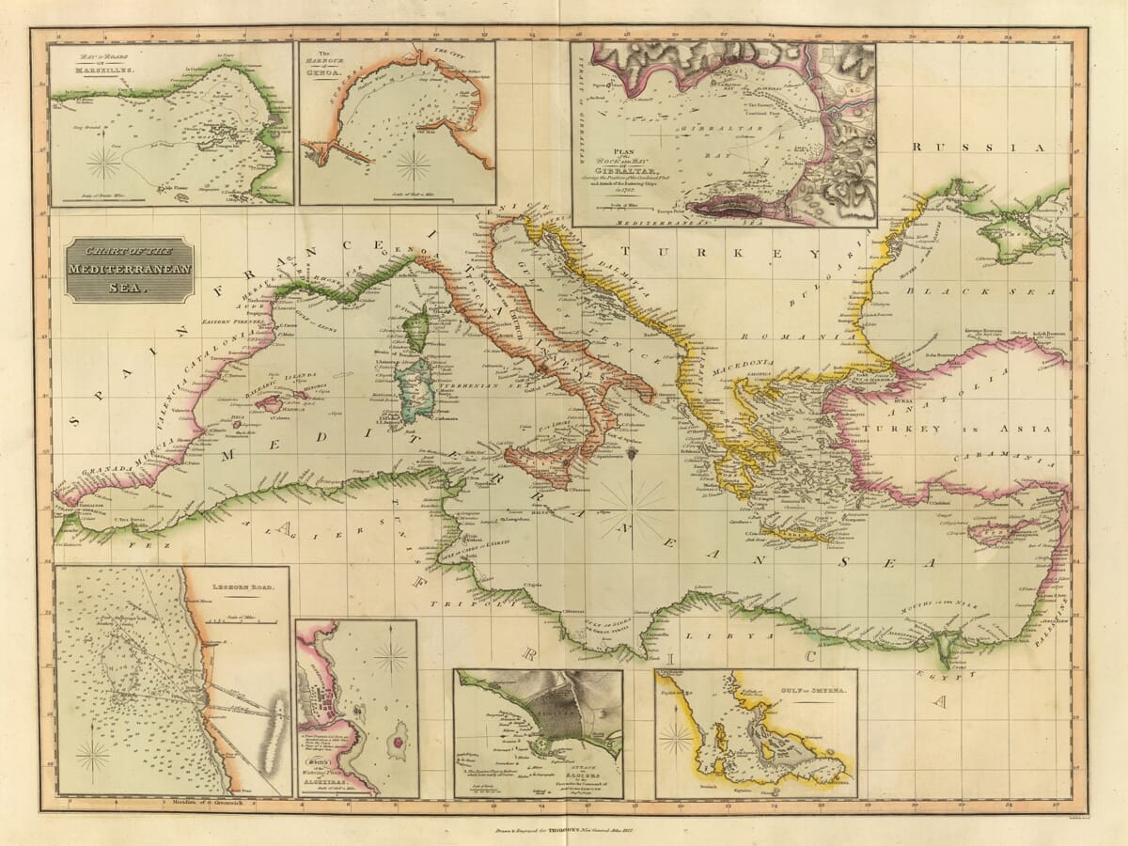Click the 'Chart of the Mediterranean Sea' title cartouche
point(130,270)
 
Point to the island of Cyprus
point(998,533)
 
